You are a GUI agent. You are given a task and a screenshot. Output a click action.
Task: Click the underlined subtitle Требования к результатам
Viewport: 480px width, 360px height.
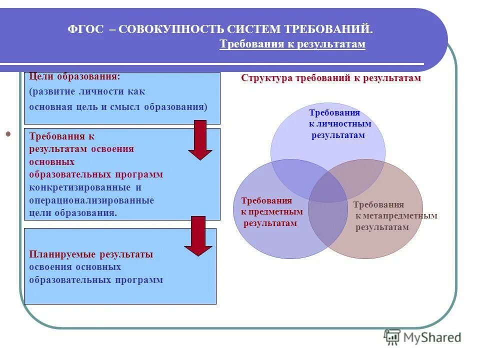pyautogui.click(x=292, y=44)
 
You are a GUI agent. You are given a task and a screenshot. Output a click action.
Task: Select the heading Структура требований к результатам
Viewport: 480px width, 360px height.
pyautogui.click(x=331, y=78)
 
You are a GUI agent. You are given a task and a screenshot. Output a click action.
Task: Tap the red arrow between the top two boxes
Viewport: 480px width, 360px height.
pyautogui.click(x=200, y=139)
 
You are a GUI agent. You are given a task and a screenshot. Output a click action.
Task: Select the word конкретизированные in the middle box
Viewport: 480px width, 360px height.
pyautogui.click(x=80, y=187)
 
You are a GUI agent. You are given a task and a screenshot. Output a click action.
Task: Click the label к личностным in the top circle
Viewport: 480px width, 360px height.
pyautogui.click(x=340, y=124)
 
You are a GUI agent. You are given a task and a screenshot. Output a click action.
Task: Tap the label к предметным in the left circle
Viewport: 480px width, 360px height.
pyautogui.click(x=268, y=211)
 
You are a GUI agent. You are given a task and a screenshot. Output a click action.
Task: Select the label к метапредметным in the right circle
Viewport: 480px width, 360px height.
pyautogui.click(x=396, y=216)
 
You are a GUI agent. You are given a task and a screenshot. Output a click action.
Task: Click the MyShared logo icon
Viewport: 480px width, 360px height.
pyautogui.click(x=392, y=337)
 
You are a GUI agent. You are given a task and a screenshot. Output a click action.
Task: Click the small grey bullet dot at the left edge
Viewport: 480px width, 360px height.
pyautogui.click(x=8, y=134)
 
